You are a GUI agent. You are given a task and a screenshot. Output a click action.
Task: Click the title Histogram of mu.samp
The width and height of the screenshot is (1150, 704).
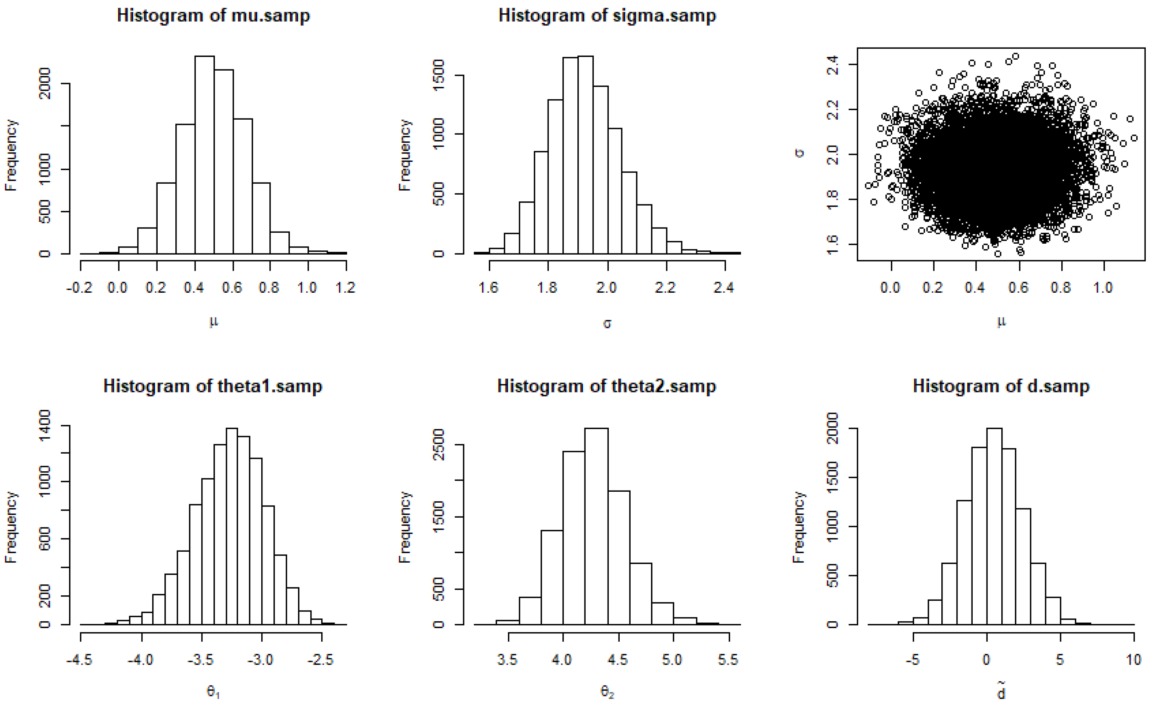[213, 15]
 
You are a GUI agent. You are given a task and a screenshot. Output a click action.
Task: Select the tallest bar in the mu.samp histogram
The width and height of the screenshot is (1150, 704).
[204, 155]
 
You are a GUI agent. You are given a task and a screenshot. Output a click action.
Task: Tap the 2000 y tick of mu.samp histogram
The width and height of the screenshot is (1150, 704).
[45, 83]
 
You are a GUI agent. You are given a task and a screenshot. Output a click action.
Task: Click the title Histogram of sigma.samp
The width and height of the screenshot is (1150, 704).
[607, 15]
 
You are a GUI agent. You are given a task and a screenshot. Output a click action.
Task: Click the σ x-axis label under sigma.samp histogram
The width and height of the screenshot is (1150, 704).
[607, 323]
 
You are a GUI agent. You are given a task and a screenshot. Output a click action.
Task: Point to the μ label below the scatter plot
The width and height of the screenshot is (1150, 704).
[1001, 321]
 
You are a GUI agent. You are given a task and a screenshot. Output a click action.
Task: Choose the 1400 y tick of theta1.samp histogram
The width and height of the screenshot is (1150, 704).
[45, 425]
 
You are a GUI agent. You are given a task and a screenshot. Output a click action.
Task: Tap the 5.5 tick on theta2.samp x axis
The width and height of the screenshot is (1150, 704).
[728, 659]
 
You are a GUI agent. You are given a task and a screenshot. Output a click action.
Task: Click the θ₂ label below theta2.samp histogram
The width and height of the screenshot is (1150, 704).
[607, 692]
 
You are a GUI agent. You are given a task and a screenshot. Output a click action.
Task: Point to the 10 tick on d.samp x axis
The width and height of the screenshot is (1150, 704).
[1134, 659]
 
